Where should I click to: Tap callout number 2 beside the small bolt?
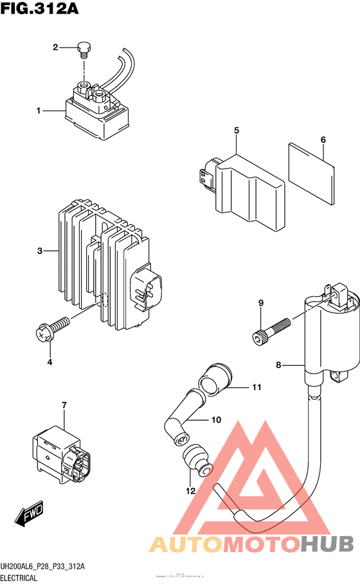[x=56, y=47]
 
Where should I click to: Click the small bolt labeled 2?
[x=83, y=48]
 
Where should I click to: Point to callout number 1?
[x=39, y=111]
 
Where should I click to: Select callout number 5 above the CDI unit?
[x=237, y=131]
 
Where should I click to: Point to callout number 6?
[x=323, y=139]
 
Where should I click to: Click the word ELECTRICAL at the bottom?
[x=19, y=578]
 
